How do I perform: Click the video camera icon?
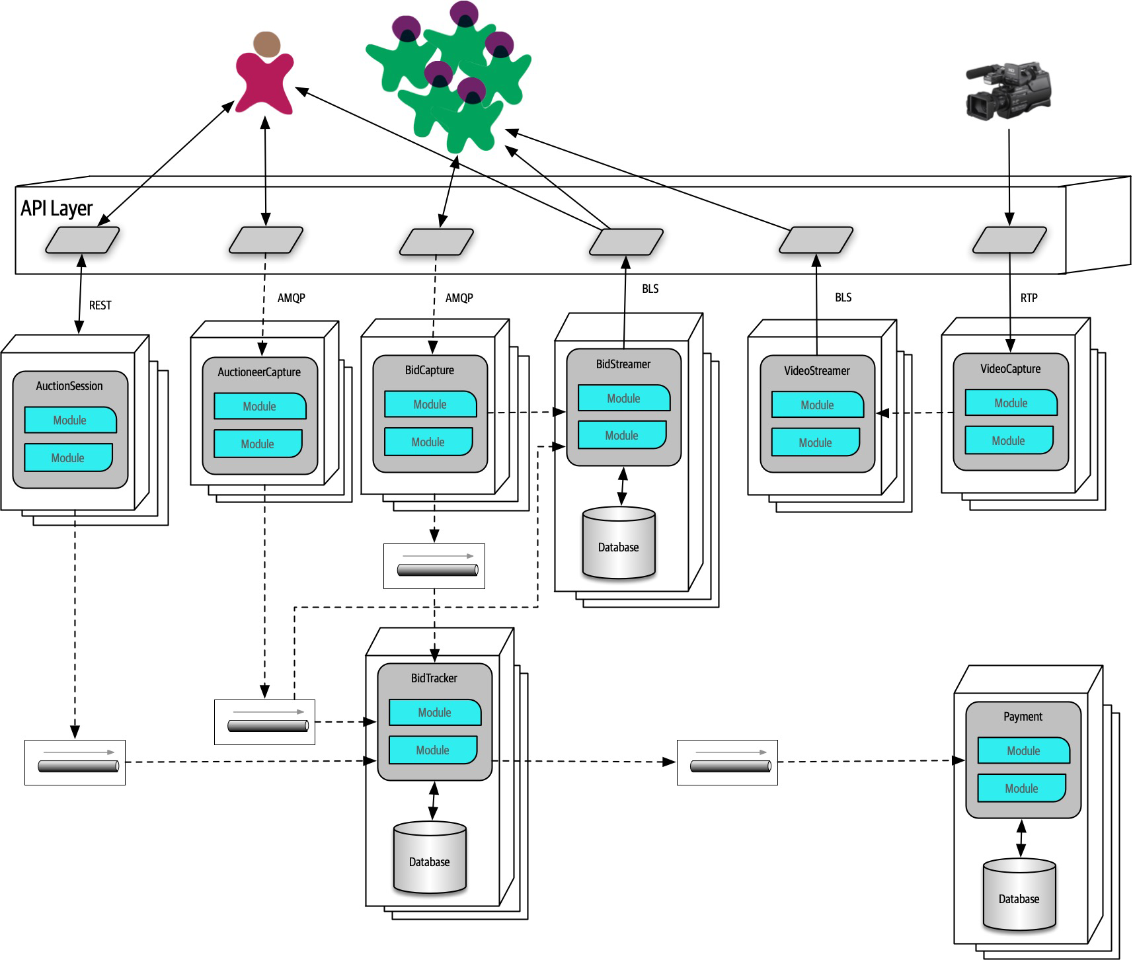pos(1007,91)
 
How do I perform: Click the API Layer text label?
pos(56,208)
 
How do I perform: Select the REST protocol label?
pos(100,305)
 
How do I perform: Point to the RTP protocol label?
pos(1029,298)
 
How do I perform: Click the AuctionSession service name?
pos(69,386)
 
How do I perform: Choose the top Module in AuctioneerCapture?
pos(260,407)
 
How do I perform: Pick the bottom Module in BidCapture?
pos(428,442)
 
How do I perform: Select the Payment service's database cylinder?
pos(1019,895)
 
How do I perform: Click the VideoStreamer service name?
pos(817,371)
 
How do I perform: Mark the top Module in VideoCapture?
pos(1011,403)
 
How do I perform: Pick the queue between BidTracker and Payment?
pos(727,762)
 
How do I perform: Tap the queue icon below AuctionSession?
pos(75,762)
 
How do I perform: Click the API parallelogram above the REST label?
pos(82,240)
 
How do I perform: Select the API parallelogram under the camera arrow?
pos(1009,240)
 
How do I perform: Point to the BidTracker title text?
pos(434,678)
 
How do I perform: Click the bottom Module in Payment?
pos(1021,788)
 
